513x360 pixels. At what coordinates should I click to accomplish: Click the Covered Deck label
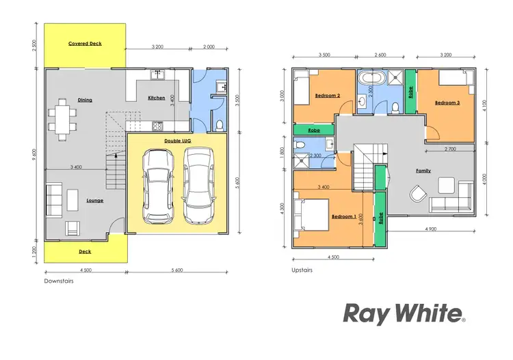(x=85, y=44)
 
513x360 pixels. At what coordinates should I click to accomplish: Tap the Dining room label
(x=85, y=100)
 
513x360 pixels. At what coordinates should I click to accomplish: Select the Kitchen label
(x=157, y=98)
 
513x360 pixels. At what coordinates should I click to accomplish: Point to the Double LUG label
(x=176, y=141)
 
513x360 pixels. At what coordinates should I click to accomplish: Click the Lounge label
(x=94, y=201)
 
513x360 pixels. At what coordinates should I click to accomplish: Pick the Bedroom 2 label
(x=328, y=96)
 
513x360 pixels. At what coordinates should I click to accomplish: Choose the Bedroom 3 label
(x=447, y=103)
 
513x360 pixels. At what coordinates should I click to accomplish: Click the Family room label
(x=423, y=170)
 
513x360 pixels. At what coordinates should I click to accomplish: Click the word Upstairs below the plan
(x=302, y=270)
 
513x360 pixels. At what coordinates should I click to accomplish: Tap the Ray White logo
(x=404, y=314)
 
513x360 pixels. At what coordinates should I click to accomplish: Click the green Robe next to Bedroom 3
(x=410, y=91)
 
